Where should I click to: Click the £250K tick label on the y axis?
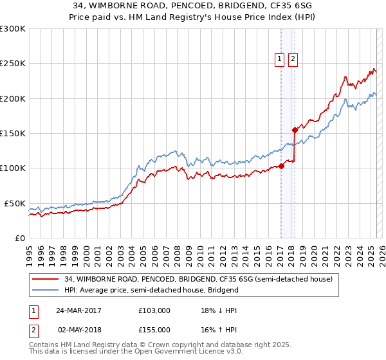(12, 64)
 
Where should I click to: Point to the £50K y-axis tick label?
(14, 203)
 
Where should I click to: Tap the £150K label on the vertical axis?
(12, 133)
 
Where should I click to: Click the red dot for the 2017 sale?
(281, 166)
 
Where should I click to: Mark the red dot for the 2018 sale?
(294, 130)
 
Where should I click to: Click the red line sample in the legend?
(46, 280)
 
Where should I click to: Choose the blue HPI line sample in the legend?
(46, 290)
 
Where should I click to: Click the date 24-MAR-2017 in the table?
(78, 310)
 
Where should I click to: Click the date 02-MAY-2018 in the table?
(78, 330)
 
